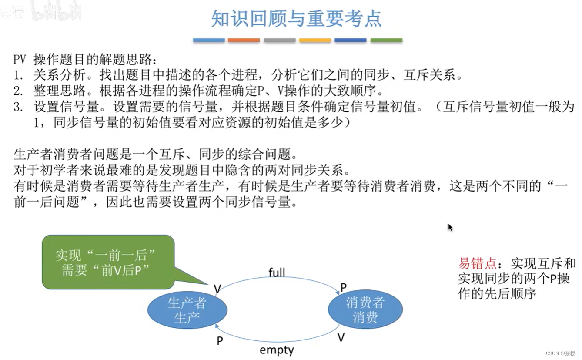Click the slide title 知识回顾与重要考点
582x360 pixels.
[x=296, y=18]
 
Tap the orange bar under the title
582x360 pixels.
[x=244, y=40]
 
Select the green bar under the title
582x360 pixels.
[x=386, y=40]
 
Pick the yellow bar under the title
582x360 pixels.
[x=315, y=40]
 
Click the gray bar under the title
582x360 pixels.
[x=280, y=40]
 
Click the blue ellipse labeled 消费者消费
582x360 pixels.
[x=365, y=310]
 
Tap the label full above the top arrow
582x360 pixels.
[x=277, y=273]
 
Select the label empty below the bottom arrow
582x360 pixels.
[x=277, y=350]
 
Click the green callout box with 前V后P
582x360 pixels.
[x=108, y=262]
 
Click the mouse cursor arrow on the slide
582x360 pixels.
[x=450, y=228]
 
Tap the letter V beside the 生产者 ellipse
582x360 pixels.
[x=217, y=289]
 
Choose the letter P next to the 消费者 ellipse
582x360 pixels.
[x=344, y=287]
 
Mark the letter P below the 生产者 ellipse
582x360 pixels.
[x=220, y=341]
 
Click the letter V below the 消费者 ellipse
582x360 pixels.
[x=341, y=337]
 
